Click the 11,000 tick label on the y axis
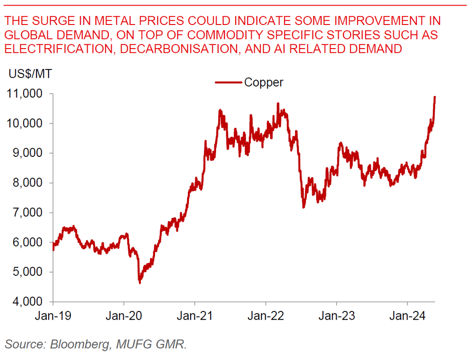pos(25,93)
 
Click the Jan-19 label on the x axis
pos(53,317)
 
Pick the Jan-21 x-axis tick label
pos(195,317)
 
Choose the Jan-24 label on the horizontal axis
pos(407,317)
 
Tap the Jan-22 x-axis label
pos(266,317)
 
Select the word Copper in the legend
pos(263,82)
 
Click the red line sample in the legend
pos(228,83)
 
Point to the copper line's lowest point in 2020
pos(140,282)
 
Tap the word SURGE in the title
pos(54,21)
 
